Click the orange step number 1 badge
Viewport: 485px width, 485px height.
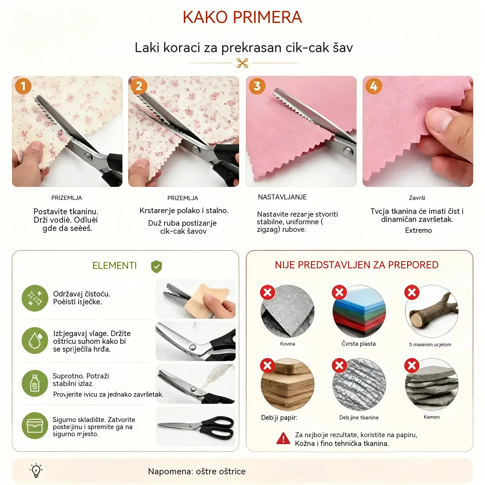(23, 86)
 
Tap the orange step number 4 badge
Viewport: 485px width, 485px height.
(373, 86)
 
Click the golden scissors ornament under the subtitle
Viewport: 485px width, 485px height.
(242, 63)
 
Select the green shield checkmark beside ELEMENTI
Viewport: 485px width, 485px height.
(156, 266)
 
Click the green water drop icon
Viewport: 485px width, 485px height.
(35, 340)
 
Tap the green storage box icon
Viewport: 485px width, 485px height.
(35, 426)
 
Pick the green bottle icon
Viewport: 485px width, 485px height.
(35, 383)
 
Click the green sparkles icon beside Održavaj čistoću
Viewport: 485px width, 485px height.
(35, 298)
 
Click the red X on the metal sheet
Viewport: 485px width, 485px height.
(267, 292)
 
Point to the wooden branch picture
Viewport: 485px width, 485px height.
(432, 311)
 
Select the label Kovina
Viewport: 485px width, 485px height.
(288, 344)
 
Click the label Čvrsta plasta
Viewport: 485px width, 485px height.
(359, 344)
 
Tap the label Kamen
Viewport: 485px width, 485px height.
(432, 417)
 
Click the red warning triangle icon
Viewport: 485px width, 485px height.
(283, 438)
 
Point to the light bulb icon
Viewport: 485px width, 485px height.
(36, 470)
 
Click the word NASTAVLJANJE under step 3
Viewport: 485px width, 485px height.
(282, 197)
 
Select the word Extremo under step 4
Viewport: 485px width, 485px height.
(418, 230)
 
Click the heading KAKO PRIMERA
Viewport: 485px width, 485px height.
(242, 17)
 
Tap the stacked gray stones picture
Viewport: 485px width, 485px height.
(432, 385)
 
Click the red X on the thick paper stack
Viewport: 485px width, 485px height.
(267, 365)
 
